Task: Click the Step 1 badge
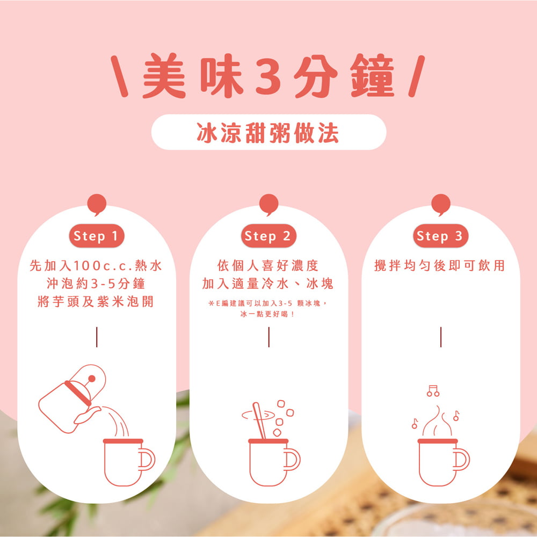(x=96, y=236)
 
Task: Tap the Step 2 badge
(x=268, y=236)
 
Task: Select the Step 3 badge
(x=440, y=236)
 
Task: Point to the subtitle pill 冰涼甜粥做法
(x=268, y=132)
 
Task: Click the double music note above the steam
(x=433, y=390)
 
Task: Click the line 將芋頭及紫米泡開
(x=96, y=302)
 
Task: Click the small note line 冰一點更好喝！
(x=268, y=314)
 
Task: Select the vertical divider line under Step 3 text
(x=440, y=337)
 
